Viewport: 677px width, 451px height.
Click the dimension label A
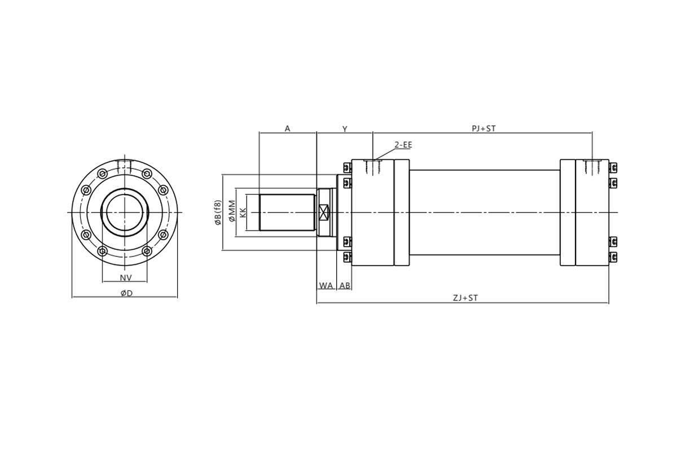[287, 129]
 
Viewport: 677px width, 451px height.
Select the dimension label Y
[345, 129]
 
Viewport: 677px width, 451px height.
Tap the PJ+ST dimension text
[484, 129]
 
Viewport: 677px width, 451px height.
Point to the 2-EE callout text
[403, 145]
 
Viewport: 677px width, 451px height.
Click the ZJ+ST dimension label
[465, 298]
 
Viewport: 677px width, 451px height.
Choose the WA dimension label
[326, 285]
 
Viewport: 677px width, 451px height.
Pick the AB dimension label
[345, 285]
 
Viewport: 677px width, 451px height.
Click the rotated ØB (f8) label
[218, 213]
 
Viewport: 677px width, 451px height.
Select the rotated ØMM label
[232, 211]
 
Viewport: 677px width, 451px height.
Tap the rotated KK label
[243, 213]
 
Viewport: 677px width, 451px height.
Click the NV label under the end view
[126, 278]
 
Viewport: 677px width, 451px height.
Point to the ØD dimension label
[126, 293]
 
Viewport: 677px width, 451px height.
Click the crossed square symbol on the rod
[324, 213]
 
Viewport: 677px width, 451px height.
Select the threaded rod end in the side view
[287, 213]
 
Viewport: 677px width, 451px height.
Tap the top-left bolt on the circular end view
[103, 174]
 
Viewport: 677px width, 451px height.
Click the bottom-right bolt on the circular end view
[147, 251]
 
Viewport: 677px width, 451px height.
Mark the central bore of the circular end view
[125, 213]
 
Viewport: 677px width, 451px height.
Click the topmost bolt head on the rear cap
[613, 167]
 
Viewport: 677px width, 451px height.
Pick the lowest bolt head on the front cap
[348, 257]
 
